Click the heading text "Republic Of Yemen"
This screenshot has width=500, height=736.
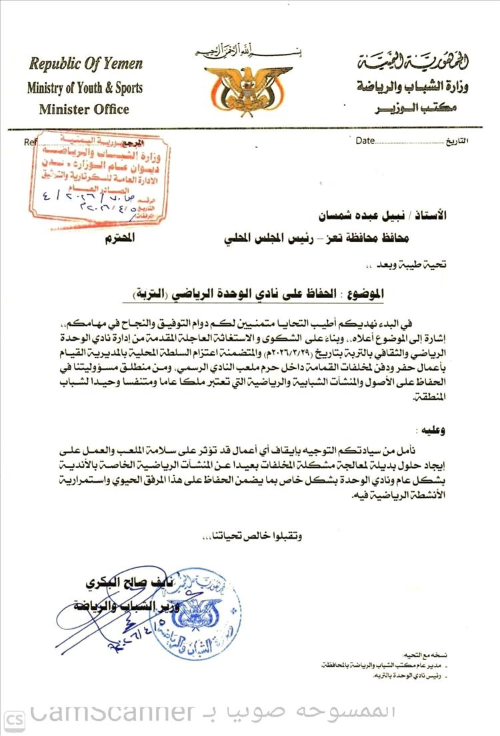85,64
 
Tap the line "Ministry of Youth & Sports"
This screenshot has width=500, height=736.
85,87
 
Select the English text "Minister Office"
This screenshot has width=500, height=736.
84,109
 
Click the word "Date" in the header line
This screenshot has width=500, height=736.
365,141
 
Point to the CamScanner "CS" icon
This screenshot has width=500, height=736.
15,718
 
